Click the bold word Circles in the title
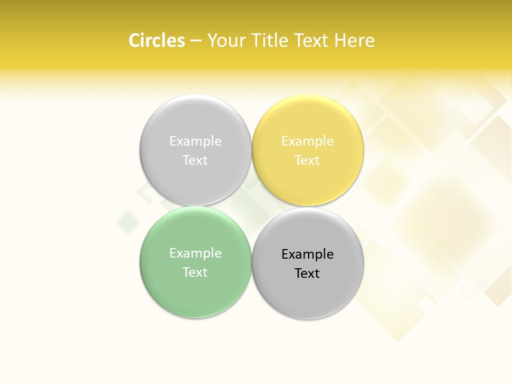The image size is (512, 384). click(156, 41)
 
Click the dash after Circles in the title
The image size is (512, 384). click(196, 41)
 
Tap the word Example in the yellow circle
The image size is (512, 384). click(307, 141)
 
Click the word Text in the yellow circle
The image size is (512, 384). click(307, 161)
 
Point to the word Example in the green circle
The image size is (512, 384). click(195, 253)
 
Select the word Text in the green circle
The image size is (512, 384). click(195, 273)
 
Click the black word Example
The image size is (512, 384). click(307, 254)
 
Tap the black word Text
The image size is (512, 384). click(307, 274)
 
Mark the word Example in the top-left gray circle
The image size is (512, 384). click(195, 141)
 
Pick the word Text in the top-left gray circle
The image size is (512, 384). click(195, 161)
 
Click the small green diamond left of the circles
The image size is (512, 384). click(127, 221)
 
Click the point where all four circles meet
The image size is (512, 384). click(252, 206)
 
